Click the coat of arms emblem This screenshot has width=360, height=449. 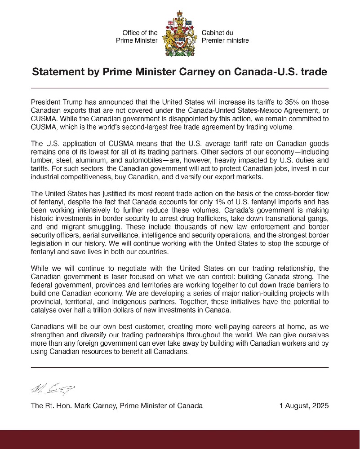(179, 36)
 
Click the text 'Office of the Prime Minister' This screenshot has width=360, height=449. (137, 36)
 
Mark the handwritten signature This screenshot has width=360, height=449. (53, 387)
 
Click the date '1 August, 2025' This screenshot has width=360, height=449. (304, 405)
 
